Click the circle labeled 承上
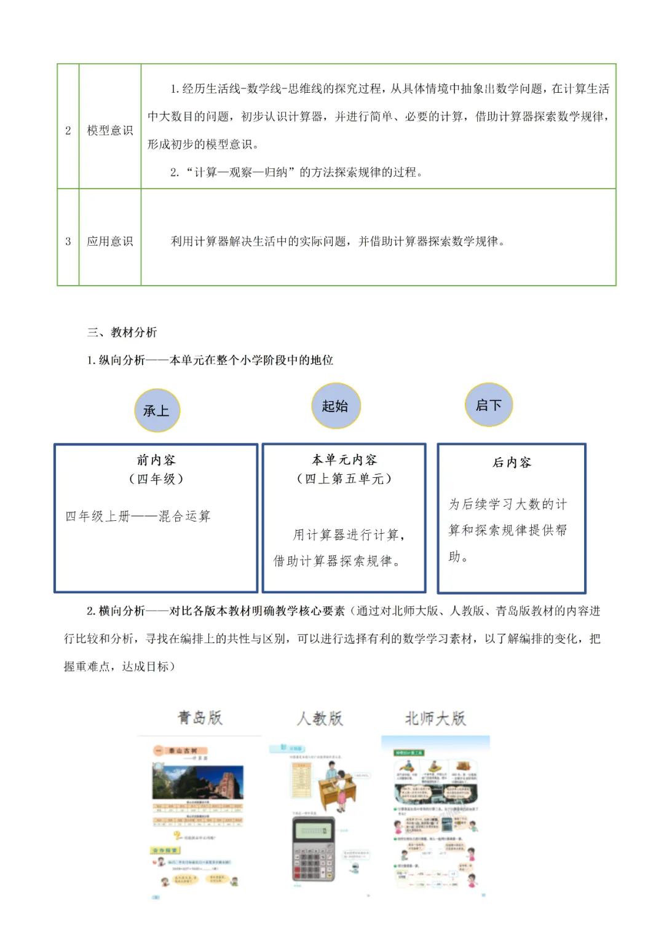(x=157, y=410)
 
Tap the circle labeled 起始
(x=335, y=406)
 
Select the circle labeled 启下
(x=488, y=405)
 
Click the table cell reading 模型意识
(x=109, y=130)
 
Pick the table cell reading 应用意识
(x=109, y=241)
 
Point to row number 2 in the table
(x=68, y=130)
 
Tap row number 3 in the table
(x=68, y=241)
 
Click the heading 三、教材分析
(x=122, y=332)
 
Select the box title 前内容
(x=156, y=460)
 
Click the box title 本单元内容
(x=344, y=460)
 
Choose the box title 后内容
(x=512, y=463)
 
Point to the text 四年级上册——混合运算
(x=138, y=516)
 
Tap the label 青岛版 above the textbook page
(x=200, y=717)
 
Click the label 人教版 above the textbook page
(x=320, y=718)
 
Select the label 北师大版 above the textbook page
(x=435, y=718)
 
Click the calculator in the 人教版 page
(x=313, y=848)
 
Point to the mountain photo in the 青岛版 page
(x=197, y=781)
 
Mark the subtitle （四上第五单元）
(x=344, y=479)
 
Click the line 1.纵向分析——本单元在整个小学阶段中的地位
(x=210, y=360)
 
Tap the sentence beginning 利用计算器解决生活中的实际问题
(x=338, y=241)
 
